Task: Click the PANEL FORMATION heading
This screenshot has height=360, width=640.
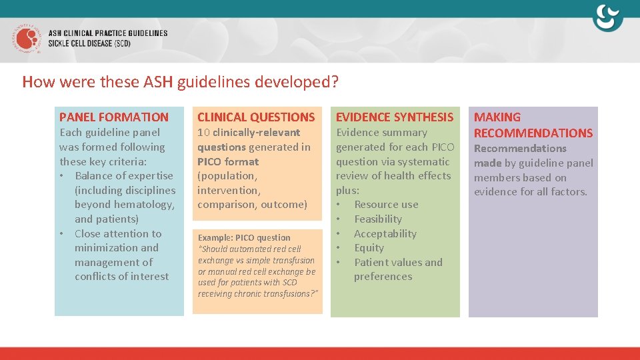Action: [114, 117]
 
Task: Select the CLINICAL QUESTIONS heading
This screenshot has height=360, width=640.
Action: [256, 117]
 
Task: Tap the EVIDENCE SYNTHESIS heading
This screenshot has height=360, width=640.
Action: [394, 117]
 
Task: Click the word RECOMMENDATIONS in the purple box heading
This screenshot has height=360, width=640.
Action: [533, 133]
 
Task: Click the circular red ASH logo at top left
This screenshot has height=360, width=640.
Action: [27, 39]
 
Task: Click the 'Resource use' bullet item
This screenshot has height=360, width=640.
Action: [386, 205]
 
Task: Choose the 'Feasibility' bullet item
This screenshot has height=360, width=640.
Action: [377, 219]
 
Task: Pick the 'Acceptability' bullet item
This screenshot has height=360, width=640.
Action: [385, 234]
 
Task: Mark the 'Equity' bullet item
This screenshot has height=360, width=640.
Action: [369, 248]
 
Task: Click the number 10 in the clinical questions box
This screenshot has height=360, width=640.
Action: [204, 133]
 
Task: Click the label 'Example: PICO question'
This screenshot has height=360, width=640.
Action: [244, 238]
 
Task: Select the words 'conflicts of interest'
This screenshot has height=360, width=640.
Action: [121, 277]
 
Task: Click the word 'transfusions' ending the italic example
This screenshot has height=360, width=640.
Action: [291, 294]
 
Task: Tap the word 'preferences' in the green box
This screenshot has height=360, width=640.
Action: [383, 277]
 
